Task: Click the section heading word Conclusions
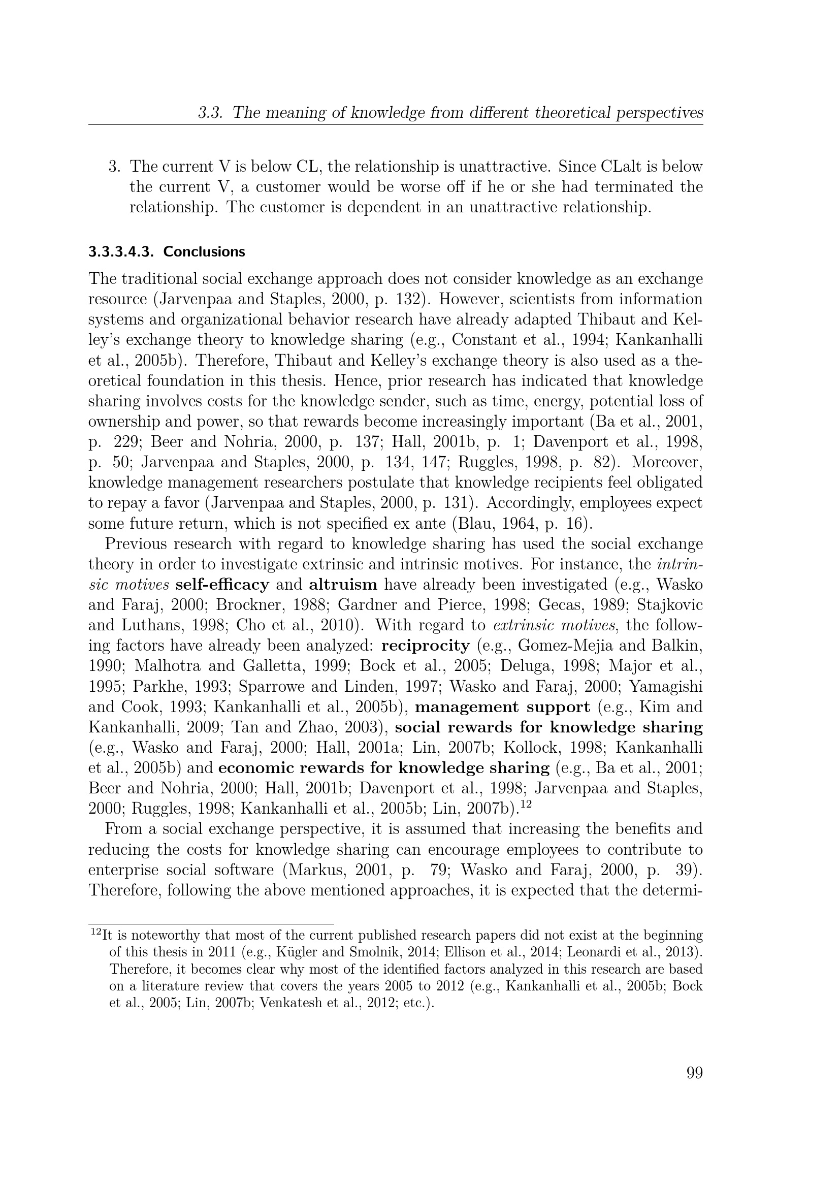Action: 204,252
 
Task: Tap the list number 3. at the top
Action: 114,167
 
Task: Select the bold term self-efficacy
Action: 222,585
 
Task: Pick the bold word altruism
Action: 343,585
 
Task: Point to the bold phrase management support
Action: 502,707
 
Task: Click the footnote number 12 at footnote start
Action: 95,933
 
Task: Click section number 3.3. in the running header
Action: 211,113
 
